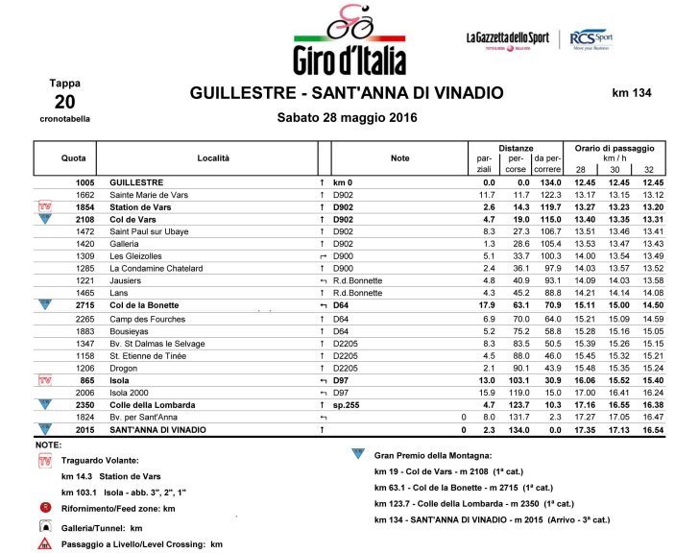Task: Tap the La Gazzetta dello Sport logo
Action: [x=508, y=39]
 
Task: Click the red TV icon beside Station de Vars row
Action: [x=43, y=206]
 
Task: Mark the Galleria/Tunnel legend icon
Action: [x=44, y=526]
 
